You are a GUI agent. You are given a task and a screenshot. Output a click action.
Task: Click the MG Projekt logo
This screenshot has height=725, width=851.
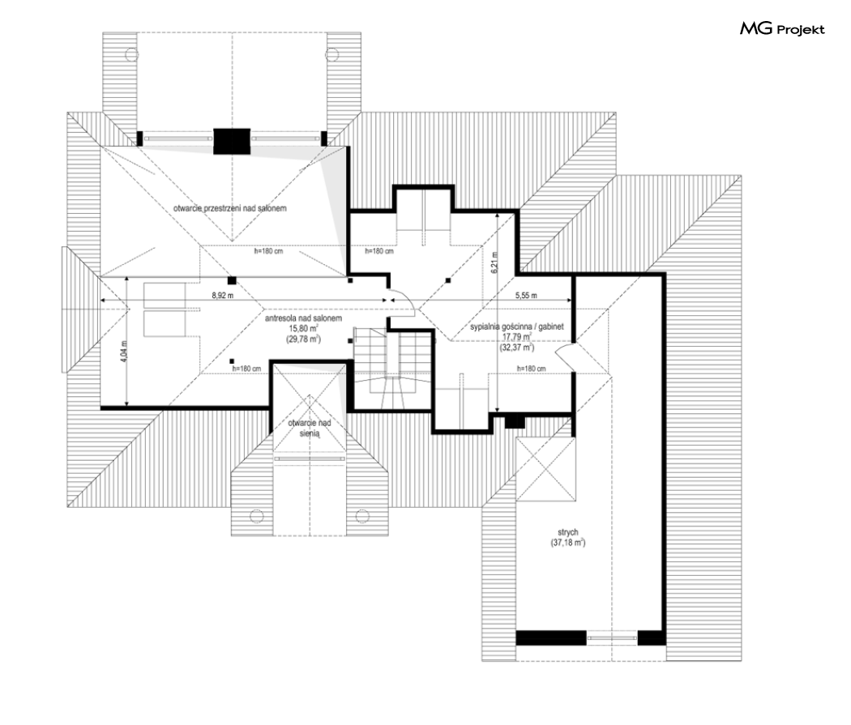[x=782, y=28]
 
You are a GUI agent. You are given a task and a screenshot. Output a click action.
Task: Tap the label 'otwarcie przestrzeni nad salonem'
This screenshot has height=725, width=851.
[x=229, y=208]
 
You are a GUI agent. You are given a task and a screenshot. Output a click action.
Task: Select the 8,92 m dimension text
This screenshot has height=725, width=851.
[x=223, y=296]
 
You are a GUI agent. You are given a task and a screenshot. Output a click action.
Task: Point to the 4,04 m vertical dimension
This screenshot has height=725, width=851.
[x=124, y=352]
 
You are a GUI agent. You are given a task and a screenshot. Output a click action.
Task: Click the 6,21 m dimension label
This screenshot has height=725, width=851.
[x=494, y=262]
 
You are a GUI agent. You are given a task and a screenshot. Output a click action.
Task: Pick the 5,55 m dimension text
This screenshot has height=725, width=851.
[x=526, y=296]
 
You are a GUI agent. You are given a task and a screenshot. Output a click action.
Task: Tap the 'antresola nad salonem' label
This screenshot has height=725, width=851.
[x=303, y=318]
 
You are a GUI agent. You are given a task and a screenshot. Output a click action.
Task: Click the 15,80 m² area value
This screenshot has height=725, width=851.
[x=303, y=329]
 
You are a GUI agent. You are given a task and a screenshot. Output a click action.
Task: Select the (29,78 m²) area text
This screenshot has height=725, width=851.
[x=303, y=339]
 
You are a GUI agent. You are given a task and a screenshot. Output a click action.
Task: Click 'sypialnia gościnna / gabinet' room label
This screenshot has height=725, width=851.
[x=517, y=326]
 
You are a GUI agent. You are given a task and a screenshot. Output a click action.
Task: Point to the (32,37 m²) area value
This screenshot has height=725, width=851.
[x=517, y=348]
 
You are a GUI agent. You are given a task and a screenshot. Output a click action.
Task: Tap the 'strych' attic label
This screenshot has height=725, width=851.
[x=567, y=532]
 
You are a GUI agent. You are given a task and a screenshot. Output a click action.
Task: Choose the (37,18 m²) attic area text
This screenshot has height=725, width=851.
[x=567, y=542]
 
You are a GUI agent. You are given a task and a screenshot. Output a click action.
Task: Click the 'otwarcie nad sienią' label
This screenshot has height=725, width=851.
[x=310, y=428]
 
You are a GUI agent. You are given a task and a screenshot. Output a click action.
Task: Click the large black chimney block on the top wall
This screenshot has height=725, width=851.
[x=232, y=141]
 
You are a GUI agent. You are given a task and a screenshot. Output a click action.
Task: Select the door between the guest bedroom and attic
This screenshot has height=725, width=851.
[x=566, y=356]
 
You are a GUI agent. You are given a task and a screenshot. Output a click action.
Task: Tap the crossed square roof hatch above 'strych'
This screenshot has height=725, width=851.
[x=545, y=468]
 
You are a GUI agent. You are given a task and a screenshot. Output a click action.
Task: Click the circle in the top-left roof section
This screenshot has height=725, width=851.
[x=130, y=54]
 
